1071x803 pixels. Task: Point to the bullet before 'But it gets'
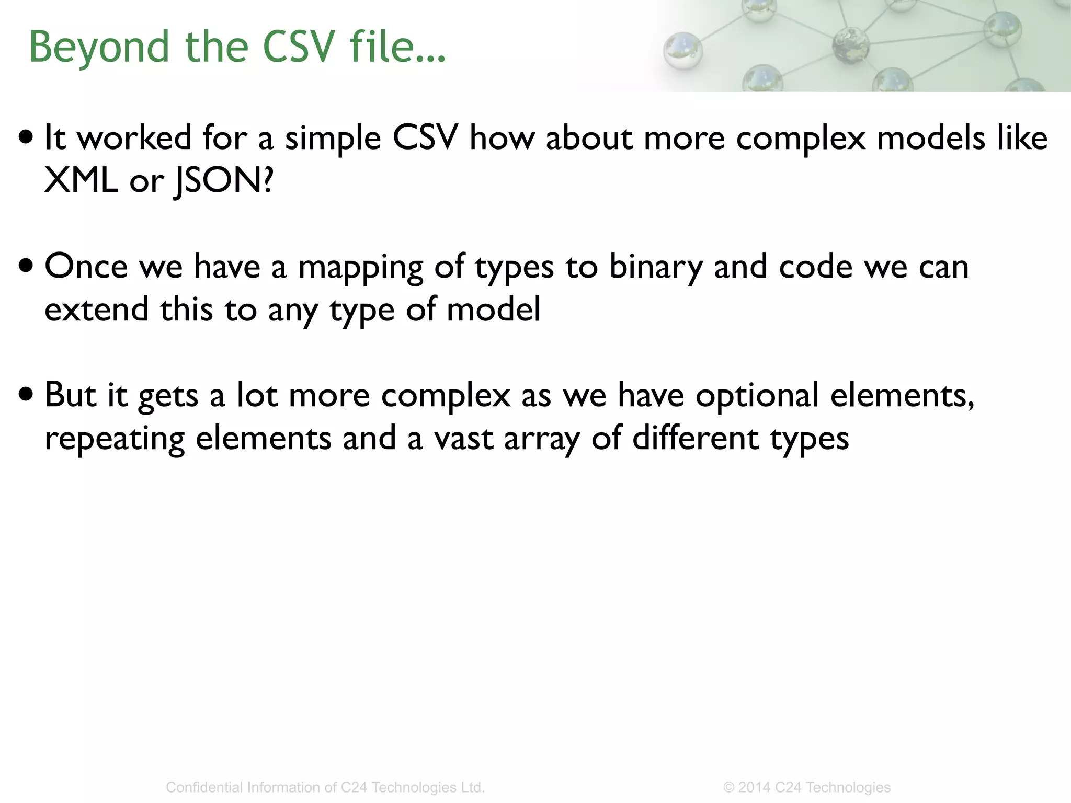(x=26, y=395)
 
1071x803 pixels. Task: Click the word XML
(x=81, y=181)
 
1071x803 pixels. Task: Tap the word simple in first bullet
(x=333, y=139)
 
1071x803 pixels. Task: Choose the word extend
(x=97, y=309)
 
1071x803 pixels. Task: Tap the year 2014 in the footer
(x=754, y=787)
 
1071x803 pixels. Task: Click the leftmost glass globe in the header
(x=682, y=51)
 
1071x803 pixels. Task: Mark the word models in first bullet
(x=931, y=139)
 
